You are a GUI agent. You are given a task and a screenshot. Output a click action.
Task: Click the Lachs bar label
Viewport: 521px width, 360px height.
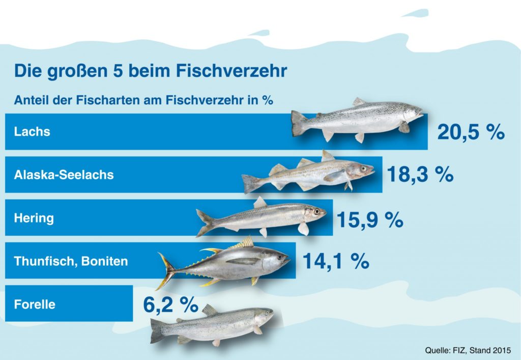pos(32,132)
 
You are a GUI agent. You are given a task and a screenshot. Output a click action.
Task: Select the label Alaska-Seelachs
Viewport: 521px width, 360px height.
pos(64,175)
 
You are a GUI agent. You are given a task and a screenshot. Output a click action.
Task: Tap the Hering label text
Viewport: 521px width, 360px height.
pos(34,218)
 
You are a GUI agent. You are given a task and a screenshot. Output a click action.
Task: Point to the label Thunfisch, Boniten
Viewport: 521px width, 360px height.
pos(71,262)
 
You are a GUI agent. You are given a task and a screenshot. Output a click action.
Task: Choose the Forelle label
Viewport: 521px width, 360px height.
pos(35,305)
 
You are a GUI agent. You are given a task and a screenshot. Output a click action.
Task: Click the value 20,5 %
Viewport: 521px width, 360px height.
pos(471,133)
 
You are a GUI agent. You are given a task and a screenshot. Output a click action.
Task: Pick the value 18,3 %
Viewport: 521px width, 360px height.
pos(420,176)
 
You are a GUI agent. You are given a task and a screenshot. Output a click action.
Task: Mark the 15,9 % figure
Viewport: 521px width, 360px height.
pos(370,220)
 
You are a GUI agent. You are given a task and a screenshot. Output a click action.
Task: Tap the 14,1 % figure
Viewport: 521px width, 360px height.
pos(336,262)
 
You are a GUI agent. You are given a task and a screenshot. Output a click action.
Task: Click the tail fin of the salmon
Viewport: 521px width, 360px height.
pos(298,123)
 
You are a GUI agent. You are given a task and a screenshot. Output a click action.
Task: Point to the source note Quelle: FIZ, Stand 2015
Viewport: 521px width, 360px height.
pos(468,350)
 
